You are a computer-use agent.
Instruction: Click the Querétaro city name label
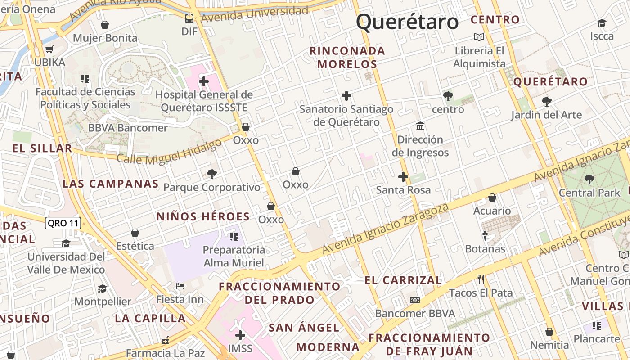pos(407,22)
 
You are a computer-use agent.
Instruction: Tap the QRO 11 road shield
pos(63,223)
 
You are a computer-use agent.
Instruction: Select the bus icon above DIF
pos(189,18)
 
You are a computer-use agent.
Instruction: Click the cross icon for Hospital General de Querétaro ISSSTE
pos(204,81)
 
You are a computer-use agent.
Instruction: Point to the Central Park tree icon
pos(589,180)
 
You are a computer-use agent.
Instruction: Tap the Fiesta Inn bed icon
pos(180,286)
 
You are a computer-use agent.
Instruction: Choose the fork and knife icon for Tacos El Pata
pos(481,279)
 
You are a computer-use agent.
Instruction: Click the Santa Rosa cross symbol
pos(403,177)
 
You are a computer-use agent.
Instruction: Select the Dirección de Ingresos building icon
pos(420,126)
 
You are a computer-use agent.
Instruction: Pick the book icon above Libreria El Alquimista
pos(479,37)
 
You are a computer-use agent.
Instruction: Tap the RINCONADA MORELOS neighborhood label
pos(347,58)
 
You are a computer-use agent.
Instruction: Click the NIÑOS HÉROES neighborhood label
pos(203,216)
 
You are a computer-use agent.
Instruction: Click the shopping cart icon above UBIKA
pos(49,49)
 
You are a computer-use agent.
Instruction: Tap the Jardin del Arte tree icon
pos(546,101)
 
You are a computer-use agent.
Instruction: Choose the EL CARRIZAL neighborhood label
pos(403,280)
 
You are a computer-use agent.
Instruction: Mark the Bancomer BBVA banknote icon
pos(415,300)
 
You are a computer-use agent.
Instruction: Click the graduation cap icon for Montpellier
pos(103,288)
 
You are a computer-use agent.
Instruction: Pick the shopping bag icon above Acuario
pos(492,198)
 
